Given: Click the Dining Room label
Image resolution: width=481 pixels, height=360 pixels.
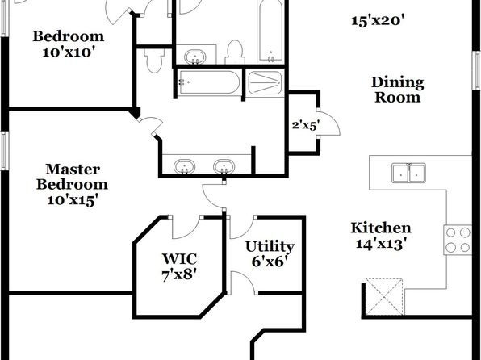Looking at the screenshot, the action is pyautogui.click(x=398, y=90).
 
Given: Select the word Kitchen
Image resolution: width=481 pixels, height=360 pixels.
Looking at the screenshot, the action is pyautogui.click(x=381, y=228).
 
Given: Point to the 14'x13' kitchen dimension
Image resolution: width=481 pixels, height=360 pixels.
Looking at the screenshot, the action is pyautogui.click(x=381, y=244).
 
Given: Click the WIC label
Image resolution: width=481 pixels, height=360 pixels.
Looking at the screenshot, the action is pyautogui.click(x=179, y=259).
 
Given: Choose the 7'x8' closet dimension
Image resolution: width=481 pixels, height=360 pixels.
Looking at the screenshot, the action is pyautogui.click(x=179, y=274).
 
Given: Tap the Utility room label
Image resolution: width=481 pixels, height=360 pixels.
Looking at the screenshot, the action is pyautogui.click(x=270, y=247).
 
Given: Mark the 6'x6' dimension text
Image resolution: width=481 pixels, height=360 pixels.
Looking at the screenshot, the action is pyautogui.click(x=270, y=262).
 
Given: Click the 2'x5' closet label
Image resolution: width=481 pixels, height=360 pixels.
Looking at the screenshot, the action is pyautogui.click(x=306, y=126).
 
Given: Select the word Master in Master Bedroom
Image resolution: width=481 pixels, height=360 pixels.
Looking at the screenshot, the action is pyautogui.click(x=73, y=170).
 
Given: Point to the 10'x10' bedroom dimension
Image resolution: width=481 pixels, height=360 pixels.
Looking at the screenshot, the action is pyautogui.click(x=67, y=52).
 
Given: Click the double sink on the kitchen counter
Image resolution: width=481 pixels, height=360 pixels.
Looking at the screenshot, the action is pyautogui.click(x=408, y=173).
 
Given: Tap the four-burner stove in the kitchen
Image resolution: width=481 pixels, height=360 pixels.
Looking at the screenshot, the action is pyautogui.click(x=458, y=240).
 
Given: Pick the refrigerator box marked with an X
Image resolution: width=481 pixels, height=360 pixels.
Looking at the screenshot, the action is pyautogui.click(x=384, y=296).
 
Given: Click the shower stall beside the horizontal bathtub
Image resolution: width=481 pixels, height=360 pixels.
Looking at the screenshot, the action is pyautogui.click(x=265, y=83).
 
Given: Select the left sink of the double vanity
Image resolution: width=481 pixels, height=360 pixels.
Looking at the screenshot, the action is pyautogui.click(x=184, y=167).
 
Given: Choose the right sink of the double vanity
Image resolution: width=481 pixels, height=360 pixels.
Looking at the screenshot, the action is pyautogui.click(x=224, y=167).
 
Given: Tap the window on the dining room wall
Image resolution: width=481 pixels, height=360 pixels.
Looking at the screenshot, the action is pyautogui.click(x=476, y=70).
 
